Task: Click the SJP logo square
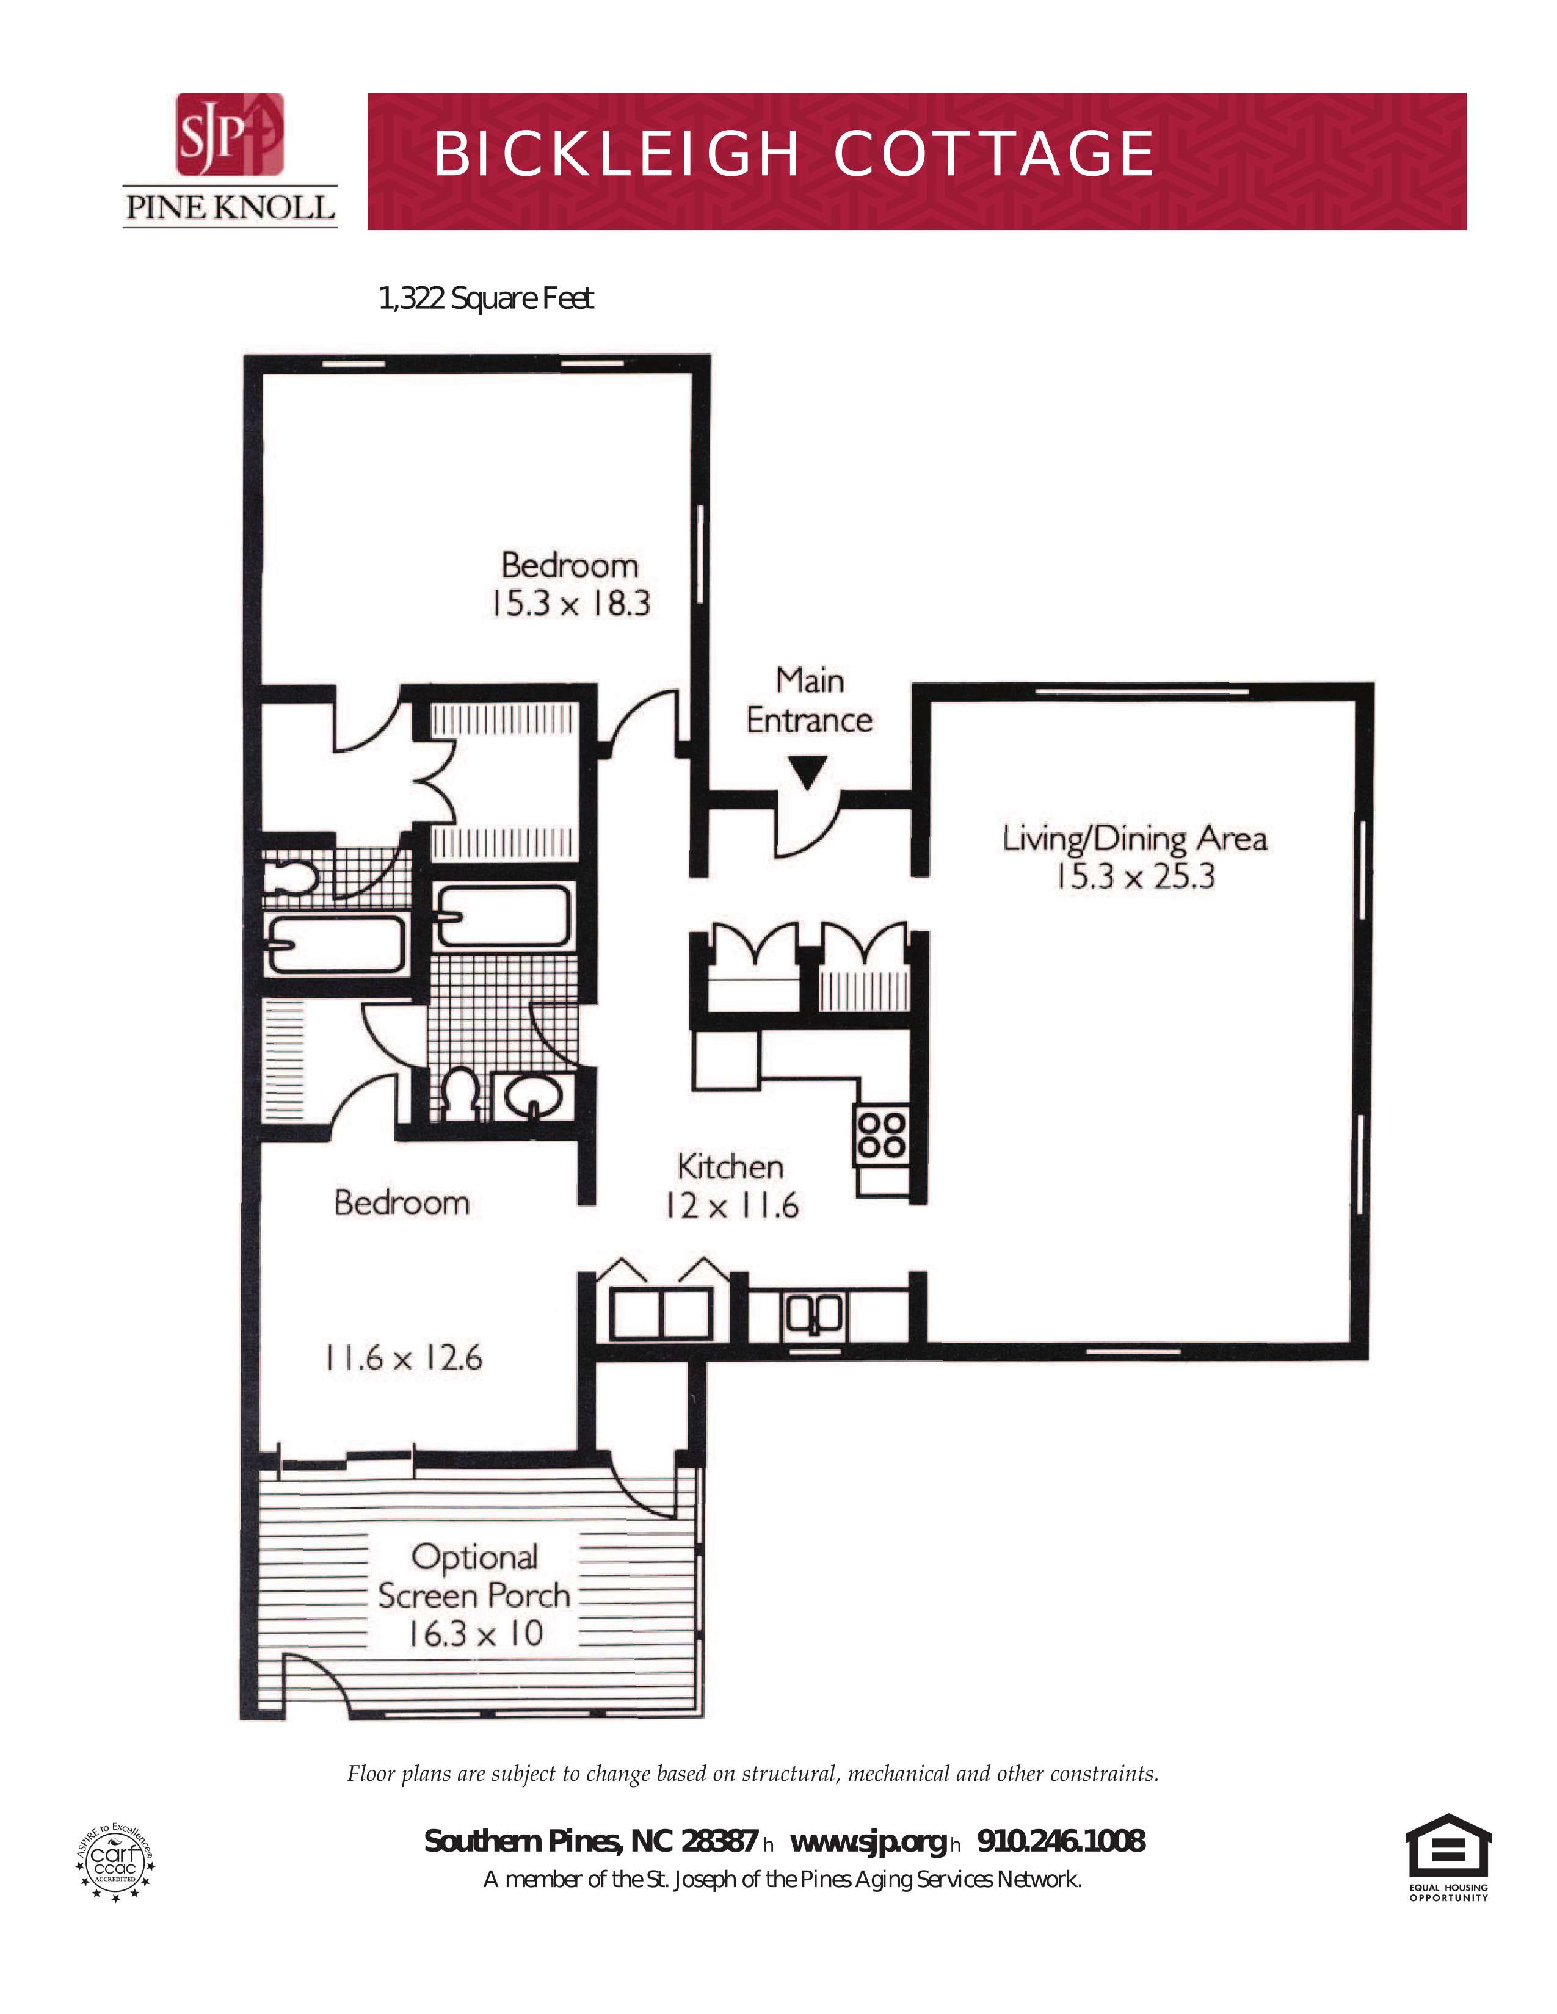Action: coord(230,134)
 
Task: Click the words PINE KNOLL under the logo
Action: coord(230,206)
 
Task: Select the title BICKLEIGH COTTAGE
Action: coord(793,153)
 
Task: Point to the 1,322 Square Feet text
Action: coord(486,299)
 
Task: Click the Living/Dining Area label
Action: coord(1134,838)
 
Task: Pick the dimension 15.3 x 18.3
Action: coord(571,603)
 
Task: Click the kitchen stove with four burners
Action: coord(882,1135)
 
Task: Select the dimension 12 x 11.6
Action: coord(732,1205)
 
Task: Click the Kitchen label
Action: coord(730,1168)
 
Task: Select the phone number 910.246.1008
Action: coord(1061,1841)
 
